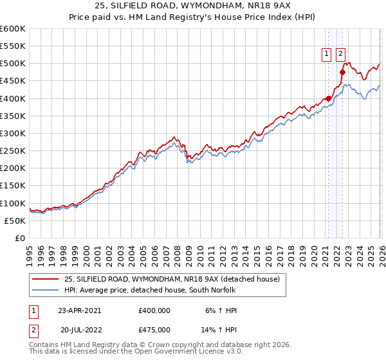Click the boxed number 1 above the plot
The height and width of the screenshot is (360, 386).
[x=327, y=55]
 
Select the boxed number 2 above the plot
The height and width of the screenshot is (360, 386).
[x=340, y=55]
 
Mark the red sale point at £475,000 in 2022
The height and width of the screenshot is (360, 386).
[x=342, y=73]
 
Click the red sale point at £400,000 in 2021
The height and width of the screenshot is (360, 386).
[x=328, y=98]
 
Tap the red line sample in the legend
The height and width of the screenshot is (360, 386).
[x=45, y=280]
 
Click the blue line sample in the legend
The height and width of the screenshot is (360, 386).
[x=45, y=291]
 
